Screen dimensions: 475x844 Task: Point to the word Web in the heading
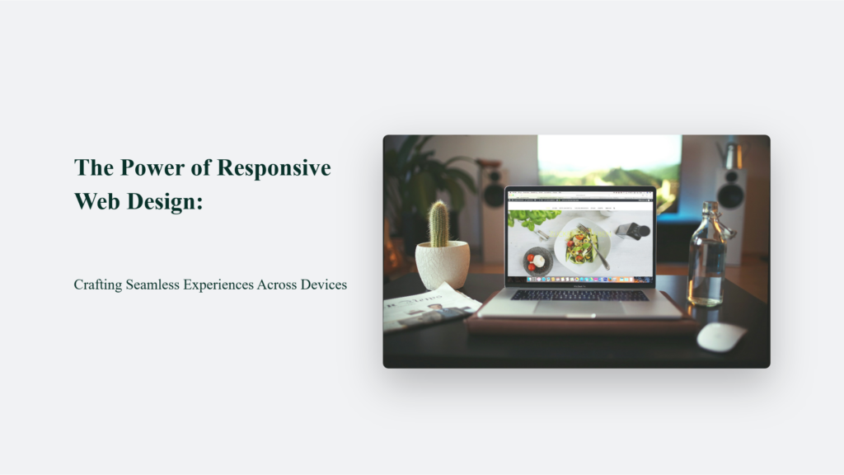pyautogui.click(x=96, y=200)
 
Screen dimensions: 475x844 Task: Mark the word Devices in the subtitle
pyautogui.click(x=322, y=285)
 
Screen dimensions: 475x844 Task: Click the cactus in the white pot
pyautogui.click(x=439, y=224)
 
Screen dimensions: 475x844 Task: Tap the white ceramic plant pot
pyautogui.click(x=442, y=264)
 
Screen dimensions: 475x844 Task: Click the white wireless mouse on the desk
pyautogui.click(x=721, y=336)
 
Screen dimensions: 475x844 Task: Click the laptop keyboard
pyautogui.click(x=579, y=294)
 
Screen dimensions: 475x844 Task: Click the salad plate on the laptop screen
pyautogui.click(x=582, y=246)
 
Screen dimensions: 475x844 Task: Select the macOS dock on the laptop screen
pyautogui.click(x=581, y=280)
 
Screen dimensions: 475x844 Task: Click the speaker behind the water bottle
pyautogui.click(x=730, y=198)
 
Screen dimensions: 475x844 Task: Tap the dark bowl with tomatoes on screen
pyautogui.click(x=537, y=261)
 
